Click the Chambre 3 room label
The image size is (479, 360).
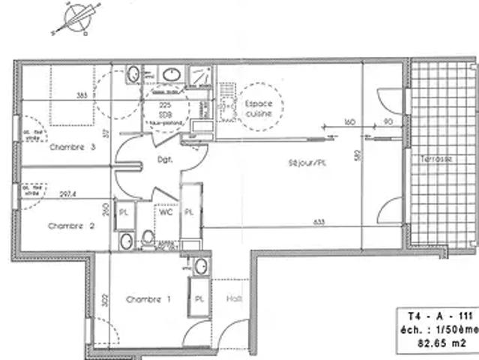(x=71, y=147)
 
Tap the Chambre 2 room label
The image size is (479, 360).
(x=70, y=225)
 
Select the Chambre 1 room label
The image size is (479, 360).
(x=148, y=299)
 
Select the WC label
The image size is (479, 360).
(x=166, y=212)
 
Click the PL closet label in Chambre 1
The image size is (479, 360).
(x=199, y=298)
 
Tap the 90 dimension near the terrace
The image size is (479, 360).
(x=388, y=121)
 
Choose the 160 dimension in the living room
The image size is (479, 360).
(x=349, y=121)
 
